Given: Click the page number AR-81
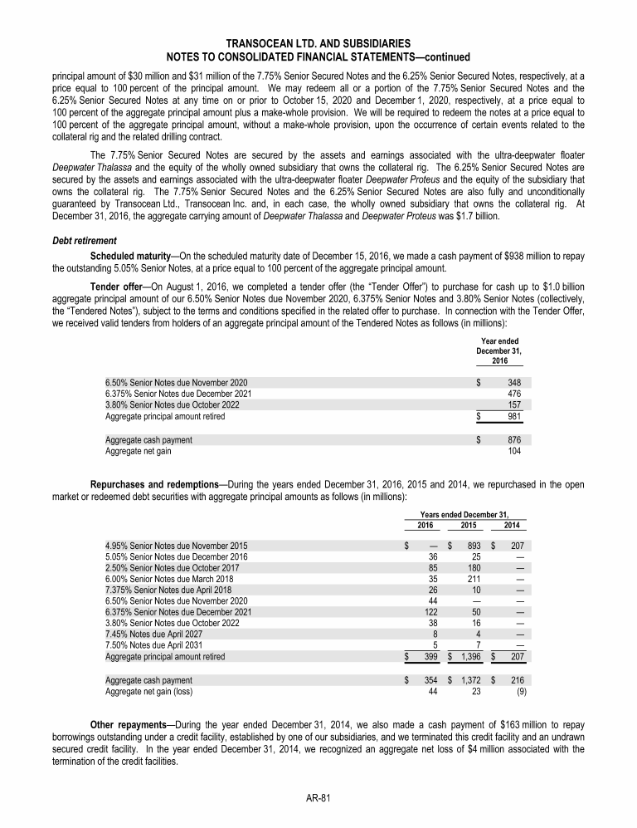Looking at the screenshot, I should click(x=318, y=798).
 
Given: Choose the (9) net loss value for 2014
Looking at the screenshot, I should click(x=520, y=692).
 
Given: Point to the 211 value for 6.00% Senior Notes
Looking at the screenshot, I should click(x=474, y=579).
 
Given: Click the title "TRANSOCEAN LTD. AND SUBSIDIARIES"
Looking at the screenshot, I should click(x=318, y=42).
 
